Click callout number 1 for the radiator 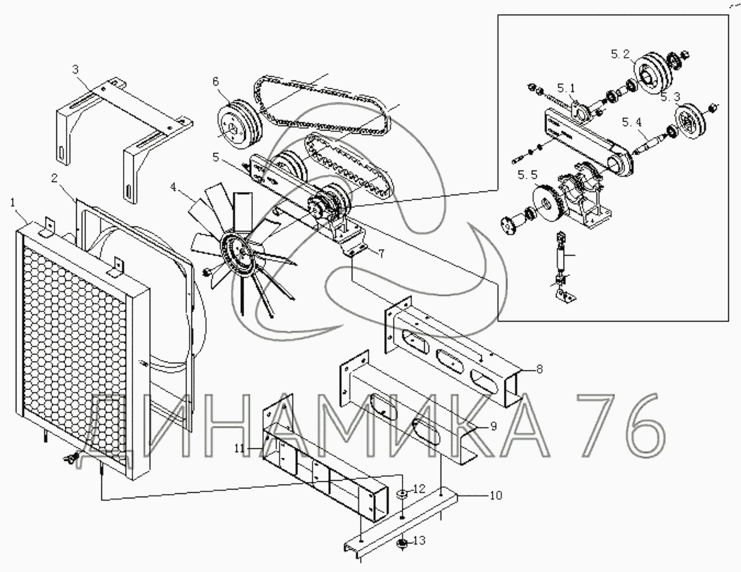coord(13,203)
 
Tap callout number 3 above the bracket coord(75,70)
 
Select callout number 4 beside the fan coord(174,186)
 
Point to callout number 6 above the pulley coord(216,81)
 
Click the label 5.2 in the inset coord(621,55)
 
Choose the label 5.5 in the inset coord(527,176)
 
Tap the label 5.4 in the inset coord(632,123)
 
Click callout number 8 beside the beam coord(539,368)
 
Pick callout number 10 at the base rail coord(496,495)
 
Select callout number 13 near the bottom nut coord(419,540)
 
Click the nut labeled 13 coord(403,543)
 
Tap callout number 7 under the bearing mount coord(381,254)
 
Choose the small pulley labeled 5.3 coord(690,119)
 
